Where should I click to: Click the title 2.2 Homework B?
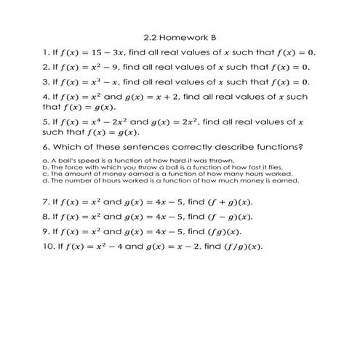(x=181, y=37)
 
